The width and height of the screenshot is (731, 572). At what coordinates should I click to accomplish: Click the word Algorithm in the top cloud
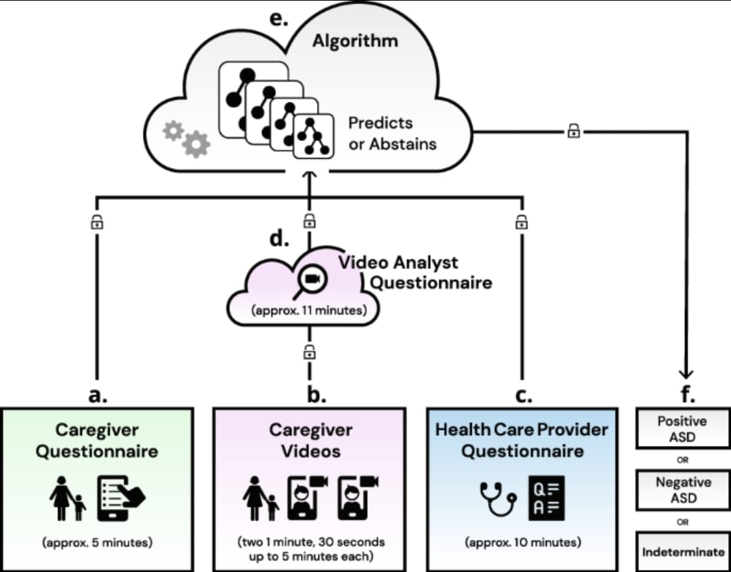coord(354,41)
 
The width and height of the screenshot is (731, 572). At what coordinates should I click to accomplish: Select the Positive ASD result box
coord(682,428)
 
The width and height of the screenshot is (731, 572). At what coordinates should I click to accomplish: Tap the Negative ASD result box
coord(683,490)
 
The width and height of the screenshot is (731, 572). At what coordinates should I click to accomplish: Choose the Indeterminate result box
coord(683,551)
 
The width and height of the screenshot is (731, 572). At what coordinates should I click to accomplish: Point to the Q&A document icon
coord(545,498)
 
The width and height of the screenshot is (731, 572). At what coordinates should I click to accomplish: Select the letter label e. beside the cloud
coord(278,18)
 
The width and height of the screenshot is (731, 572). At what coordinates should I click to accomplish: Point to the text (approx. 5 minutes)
coord(98,542)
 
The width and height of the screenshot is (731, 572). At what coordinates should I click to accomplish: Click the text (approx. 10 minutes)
coord(522,542)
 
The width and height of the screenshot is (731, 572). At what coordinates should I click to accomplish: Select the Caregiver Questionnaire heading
coord(98,441)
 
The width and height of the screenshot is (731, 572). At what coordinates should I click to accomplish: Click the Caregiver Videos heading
coord(310,441)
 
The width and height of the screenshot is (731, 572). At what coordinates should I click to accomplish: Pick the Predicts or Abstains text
coord(392,134)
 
